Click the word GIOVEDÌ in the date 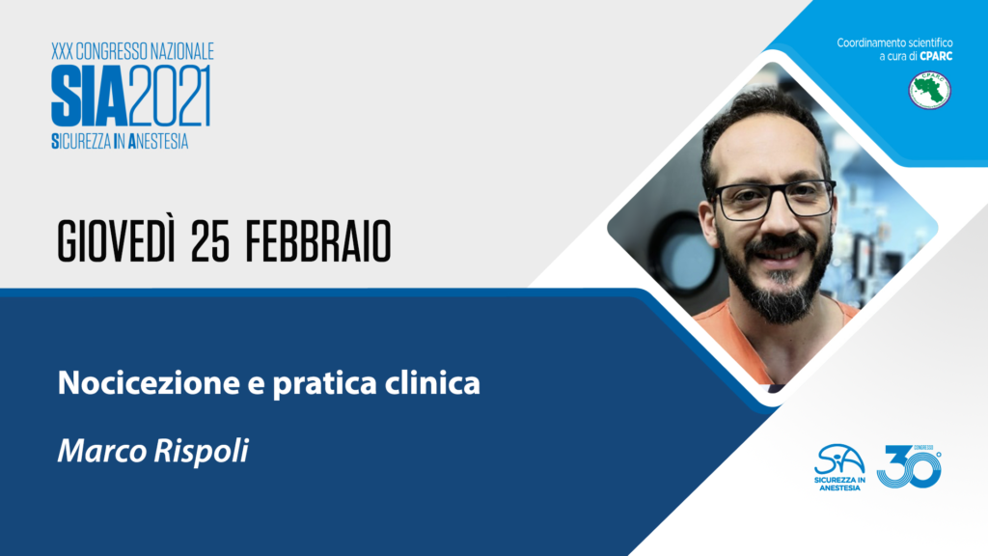(116, 240)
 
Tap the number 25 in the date (210, 242)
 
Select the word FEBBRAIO (318, 242)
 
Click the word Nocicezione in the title (149, 382)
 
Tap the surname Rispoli (202, 452)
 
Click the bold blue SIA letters (90, 96)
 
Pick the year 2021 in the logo (170, 96)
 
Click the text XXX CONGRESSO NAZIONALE (132, 51)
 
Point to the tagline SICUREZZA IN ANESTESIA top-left (120, 141)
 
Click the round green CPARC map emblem (929, 90)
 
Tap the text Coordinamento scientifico (894, 42)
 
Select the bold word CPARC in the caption (936, 56)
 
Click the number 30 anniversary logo (909, 466)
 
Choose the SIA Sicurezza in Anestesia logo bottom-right (839, 467)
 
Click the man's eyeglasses (773, 199)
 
